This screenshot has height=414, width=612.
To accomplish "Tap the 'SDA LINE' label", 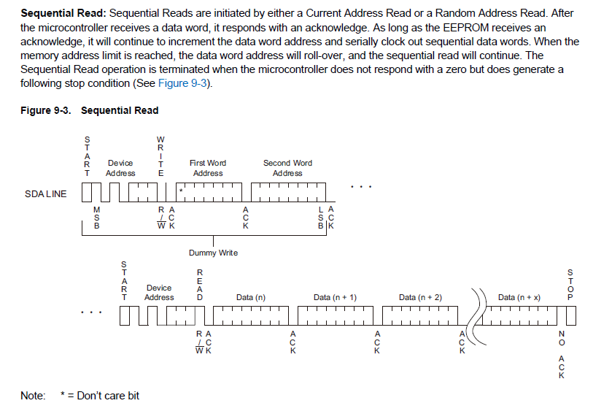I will click(45, 193).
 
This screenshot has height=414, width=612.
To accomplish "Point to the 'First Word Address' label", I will click(208, 168).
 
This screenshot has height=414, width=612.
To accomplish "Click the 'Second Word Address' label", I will click(287, 168).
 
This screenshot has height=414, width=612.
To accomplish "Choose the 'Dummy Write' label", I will click(213, 253).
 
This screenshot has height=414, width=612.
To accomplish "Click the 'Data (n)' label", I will click(251, 298).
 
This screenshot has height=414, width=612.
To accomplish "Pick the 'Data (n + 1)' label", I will click(335, 298).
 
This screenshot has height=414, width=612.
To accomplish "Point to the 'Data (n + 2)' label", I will click(420, 298).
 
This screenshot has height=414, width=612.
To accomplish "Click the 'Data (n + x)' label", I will click(519, 298).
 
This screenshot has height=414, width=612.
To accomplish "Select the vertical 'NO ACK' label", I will click(561, 356).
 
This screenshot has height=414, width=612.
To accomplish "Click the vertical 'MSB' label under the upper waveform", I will click(97, 218).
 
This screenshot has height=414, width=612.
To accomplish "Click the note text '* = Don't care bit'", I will click(99, 396).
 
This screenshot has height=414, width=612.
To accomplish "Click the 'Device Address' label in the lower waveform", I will click(159, 293).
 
